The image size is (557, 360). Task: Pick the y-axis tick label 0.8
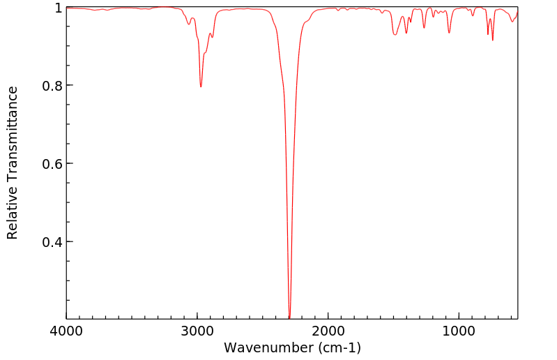53,86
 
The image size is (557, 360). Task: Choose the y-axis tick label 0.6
53,164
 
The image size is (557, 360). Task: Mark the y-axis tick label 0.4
53,242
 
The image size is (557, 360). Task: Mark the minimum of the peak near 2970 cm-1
201,87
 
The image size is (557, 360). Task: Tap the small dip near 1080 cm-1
449,33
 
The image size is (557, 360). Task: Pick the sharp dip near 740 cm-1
493,40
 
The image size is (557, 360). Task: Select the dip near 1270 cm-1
424,28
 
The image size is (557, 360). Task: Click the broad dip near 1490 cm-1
395,35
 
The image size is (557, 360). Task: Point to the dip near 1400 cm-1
406,33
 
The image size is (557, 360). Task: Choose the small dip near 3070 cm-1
188,24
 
